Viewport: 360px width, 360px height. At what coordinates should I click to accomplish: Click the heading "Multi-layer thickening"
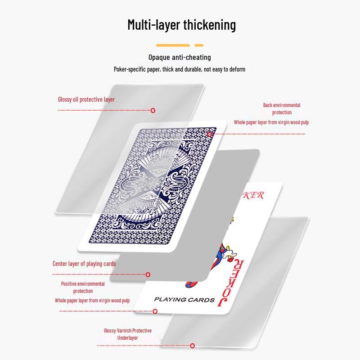pos(182,25)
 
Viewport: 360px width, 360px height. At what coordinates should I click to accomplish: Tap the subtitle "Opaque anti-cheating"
pos(180,57)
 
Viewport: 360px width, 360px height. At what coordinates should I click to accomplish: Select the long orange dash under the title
pos(173,45)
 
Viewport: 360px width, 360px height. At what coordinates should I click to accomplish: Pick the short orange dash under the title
pos(199,45)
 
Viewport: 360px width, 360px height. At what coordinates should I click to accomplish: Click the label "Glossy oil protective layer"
pos(86,99)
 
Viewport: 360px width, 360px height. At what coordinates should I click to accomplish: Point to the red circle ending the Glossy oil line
pos(153,110)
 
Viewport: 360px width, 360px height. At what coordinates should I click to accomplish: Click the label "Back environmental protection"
pos(282,109)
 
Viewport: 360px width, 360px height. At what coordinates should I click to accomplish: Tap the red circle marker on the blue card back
pos(210,134)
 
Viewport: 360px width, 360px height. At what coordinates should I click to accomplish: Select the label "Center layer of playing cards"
pos(84,264)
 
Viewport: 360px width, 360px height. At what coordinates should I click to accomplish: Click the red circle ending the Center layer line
pos(148,274)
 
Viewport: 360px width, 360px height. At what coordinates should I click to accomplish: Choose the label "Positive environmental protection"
pos(83,288)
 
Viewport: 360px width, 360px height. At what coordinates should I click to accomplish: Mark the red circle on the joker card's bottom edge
pos(155,311)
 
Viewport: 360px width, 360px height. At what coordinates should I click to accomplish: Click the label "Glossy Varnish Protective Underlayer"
pos(128,334)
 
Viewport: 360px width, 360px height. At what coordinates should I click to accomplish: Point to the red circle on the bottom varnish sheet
pos(193,346)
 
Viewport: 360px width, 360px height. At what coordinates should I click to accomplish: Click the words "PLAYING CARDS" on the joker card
pos(184,300)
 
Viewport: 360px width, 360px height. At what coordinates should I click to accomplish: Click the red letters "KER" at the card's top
pos(253,195)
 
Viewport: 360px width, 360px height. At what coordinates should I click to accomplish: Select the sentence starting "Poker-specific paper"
pos(180,69)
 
